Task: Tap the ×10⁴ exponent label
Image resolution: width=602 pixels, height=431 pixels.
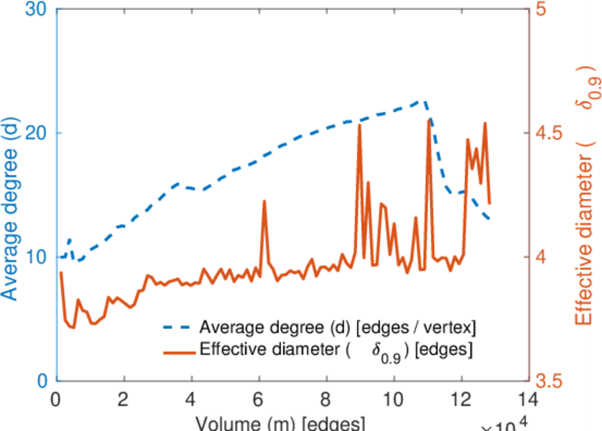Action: pyautogui.click(x=504, y=424)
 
